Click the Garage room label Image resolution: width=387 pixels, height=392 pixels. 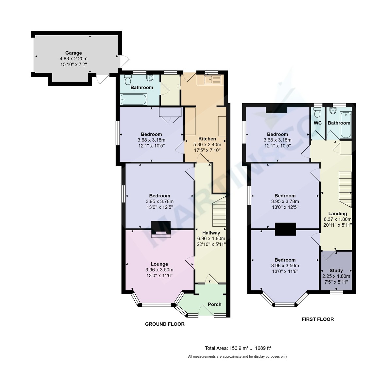click(74, 53)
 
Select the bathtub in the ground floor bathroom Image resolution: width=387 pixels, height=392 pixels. click(134, 99)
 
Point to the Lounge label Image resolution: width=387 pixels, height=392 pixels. click(159, 264)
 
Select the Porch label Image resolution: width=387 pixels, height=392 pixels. click(215, 304)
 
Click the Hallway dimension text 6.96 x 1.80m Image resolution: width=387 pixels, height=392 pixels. click(211, 238)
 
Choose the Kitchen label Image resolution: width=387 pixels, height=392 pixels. click(207, 139)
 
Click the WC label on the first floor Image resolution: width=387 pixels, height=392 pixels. click(318, 123)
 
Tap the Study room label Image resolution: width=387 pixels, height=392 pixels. click(336, 270)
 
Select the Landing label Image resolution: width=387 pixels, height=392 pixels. click(338, 214)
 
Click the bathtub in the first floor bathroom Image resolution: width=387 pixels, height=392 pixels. click(346, 125)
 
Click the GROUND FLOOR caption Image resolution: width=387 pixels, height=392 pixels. click(165, 324)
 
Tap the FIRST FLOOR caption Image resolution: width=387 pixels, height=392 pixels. click(318, 319)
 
